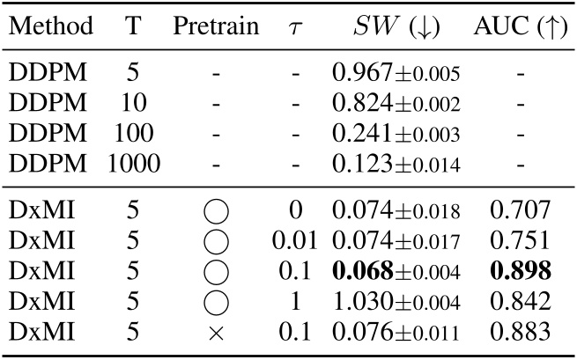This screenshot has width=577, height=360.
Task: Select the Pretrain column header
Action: pyautogui.click(x=216, y=26)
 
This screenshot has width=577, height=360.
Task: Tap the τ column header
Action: pyautogui.click(x=295, y=27)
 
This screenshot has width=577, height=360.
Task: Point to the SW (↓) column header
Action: pyautogui.click(x=396, y=26)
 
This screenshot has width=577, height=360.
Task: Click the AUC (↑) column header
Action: pyautogui.click(x=520, y=26)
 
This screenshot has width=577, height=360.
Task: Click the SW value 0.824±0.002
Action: pyautogui.click(x=396, y=103)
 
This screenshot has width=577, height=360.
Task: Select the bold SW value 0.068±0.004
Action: pyautogui.click(x=396, y=270)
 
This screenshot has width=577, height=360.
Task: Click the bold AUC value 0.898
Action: pyautogui.click(x=520, y=270)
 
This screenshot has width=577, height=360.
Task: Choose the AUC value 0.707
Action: pyautogui.click(x=520, y=210)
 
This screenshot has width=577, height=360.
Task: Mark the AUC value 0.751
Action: pyautogui.click(x=520, y=240)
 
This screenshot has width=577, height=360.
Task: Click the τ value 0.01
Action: pyautogui.click(x=295, y=240)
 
